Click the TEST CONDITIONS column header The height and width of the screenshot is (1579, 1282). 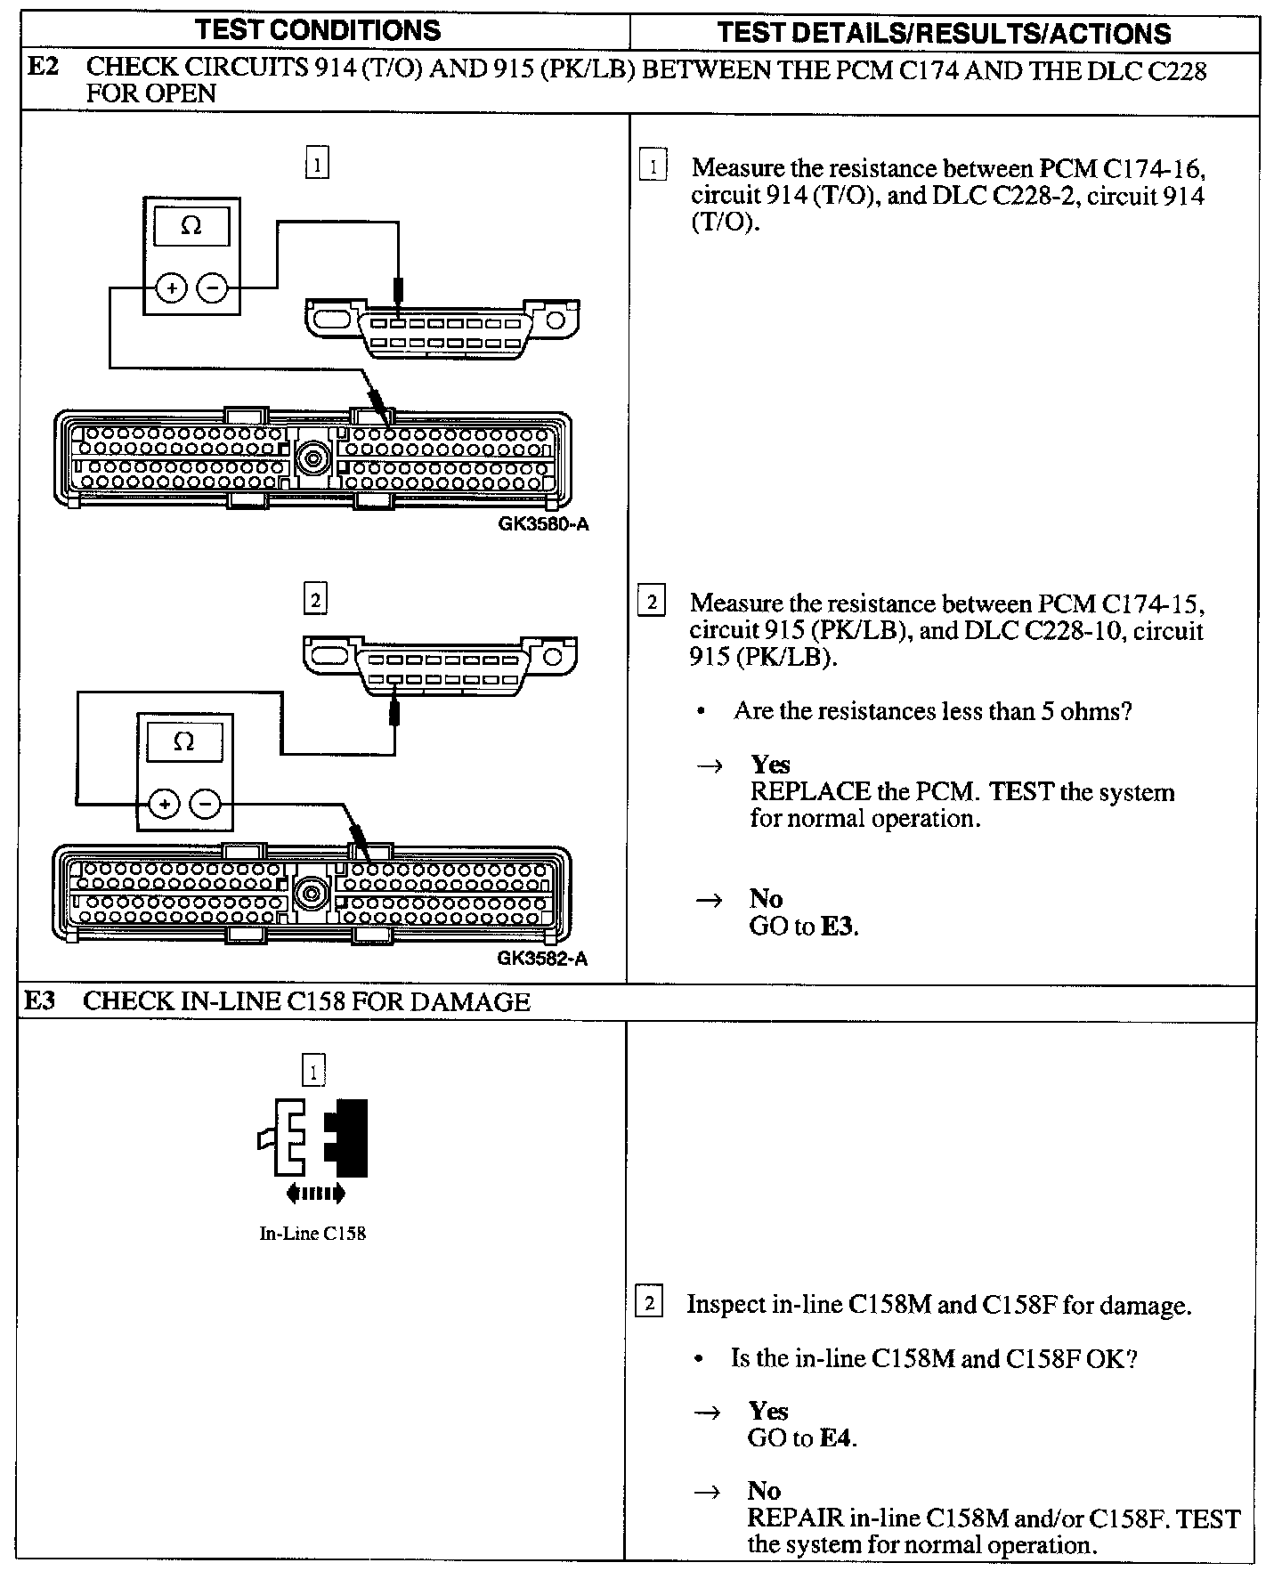coord(318,30)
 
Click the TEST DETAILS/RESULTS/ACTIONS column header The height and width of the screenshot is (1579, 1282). coord(944,34)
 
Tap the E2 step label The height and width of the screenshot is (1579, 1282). coord(44,67)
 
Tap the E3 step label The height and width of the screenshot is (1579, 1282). coord(40,1000)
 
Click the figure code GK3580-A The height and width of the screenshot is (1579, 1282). coord(543,524)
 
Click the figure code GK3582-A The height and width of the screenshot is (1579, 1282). coord(542,959)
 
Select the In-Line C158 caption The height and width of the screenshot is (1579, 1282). coord(312,1234)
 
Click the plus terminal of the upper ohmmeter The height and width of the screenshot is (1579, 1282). coord(170,288)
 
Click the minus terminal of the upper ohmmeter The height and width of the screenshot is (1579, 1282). coord(212,288)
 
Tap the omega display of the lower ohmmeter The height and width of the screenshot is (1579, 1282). coord(183,741)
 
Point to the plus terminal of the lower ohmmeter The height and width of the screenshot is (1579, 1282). coord(163,805)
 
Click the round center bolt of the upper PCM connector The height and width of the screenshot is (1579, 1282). coord(312,457)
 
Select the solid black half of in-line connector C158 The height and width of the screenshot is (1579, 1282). coord(348,1138)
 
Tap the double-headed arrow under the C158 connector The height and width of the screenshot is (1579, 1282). coord(314,1194)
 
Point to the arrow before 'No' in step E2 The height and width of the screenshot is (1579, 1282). coord(710,900)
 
